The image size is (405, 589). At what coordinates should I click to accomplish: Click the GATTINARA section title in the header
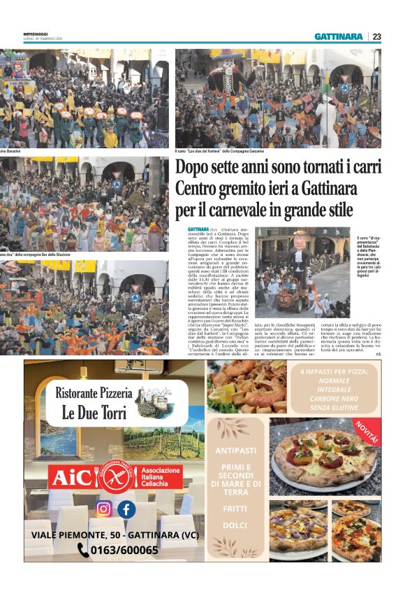[x=339, y=36]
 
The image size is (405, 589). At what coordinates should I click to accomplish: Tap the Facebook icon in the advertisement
[x=126, y=509]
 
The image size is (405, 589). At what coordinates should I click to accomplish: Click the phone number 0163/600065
[x=125, y=550]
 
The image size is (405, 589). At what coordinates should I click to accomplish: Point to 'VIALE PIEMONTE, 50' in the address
[x=82, y=534]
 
